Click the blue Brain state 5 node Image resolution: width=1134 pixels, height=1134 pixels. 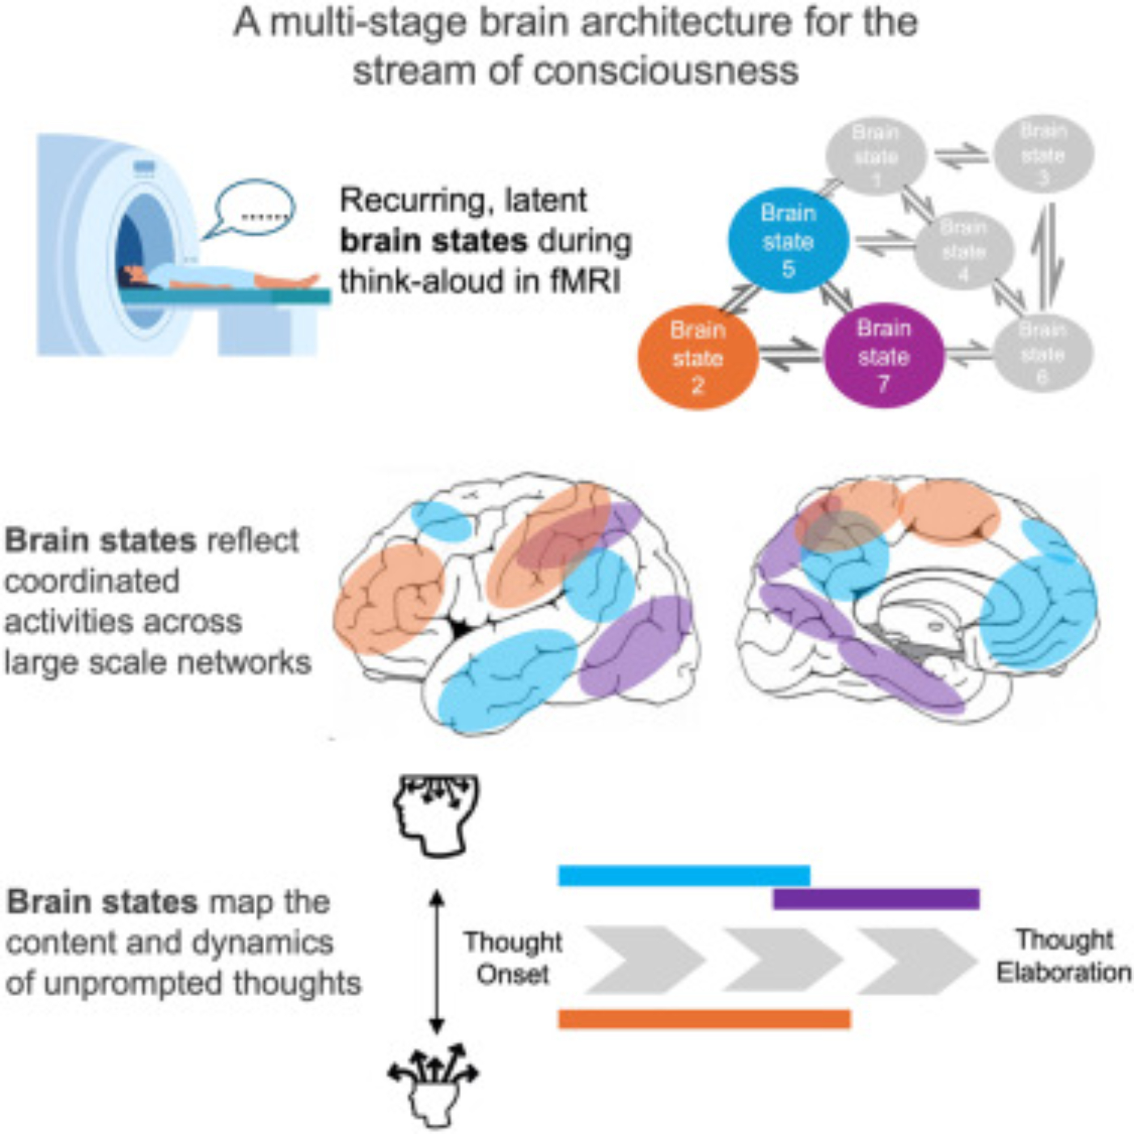788,241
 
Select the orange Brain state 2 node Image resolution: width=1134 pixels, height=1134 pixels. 698,357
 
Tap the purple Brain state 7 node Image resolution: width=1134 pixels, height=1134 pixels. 883,356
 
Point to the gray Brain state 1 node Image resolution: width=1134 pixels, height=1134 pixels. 876,155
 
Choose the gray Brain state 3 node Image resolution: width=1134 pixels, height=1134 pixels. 1043,154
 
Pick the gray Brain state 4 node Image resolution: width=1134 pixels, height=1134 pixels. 963,251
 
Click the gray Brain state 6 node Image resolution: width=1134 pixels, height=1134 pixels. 1043,353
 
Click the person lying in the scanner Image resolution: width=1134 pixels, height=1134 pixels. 217,277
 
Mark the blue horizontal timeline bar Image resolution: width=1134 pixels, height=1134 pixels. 684,875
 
